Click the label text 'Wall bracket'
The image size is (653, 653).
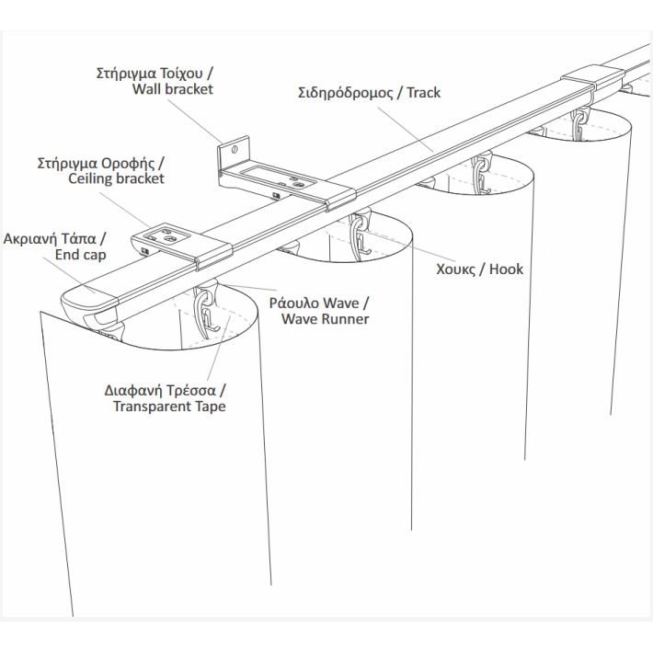tap(173, 89)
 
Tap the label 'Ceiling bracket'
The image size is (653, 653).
tap(117, 178)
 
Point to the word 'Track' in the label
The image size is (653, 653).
tap(423, 93)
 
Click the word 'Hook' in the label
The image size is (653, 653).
tap(506, 269)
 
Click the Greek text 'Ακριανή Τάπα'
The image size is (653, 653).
tap(55, 236)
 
